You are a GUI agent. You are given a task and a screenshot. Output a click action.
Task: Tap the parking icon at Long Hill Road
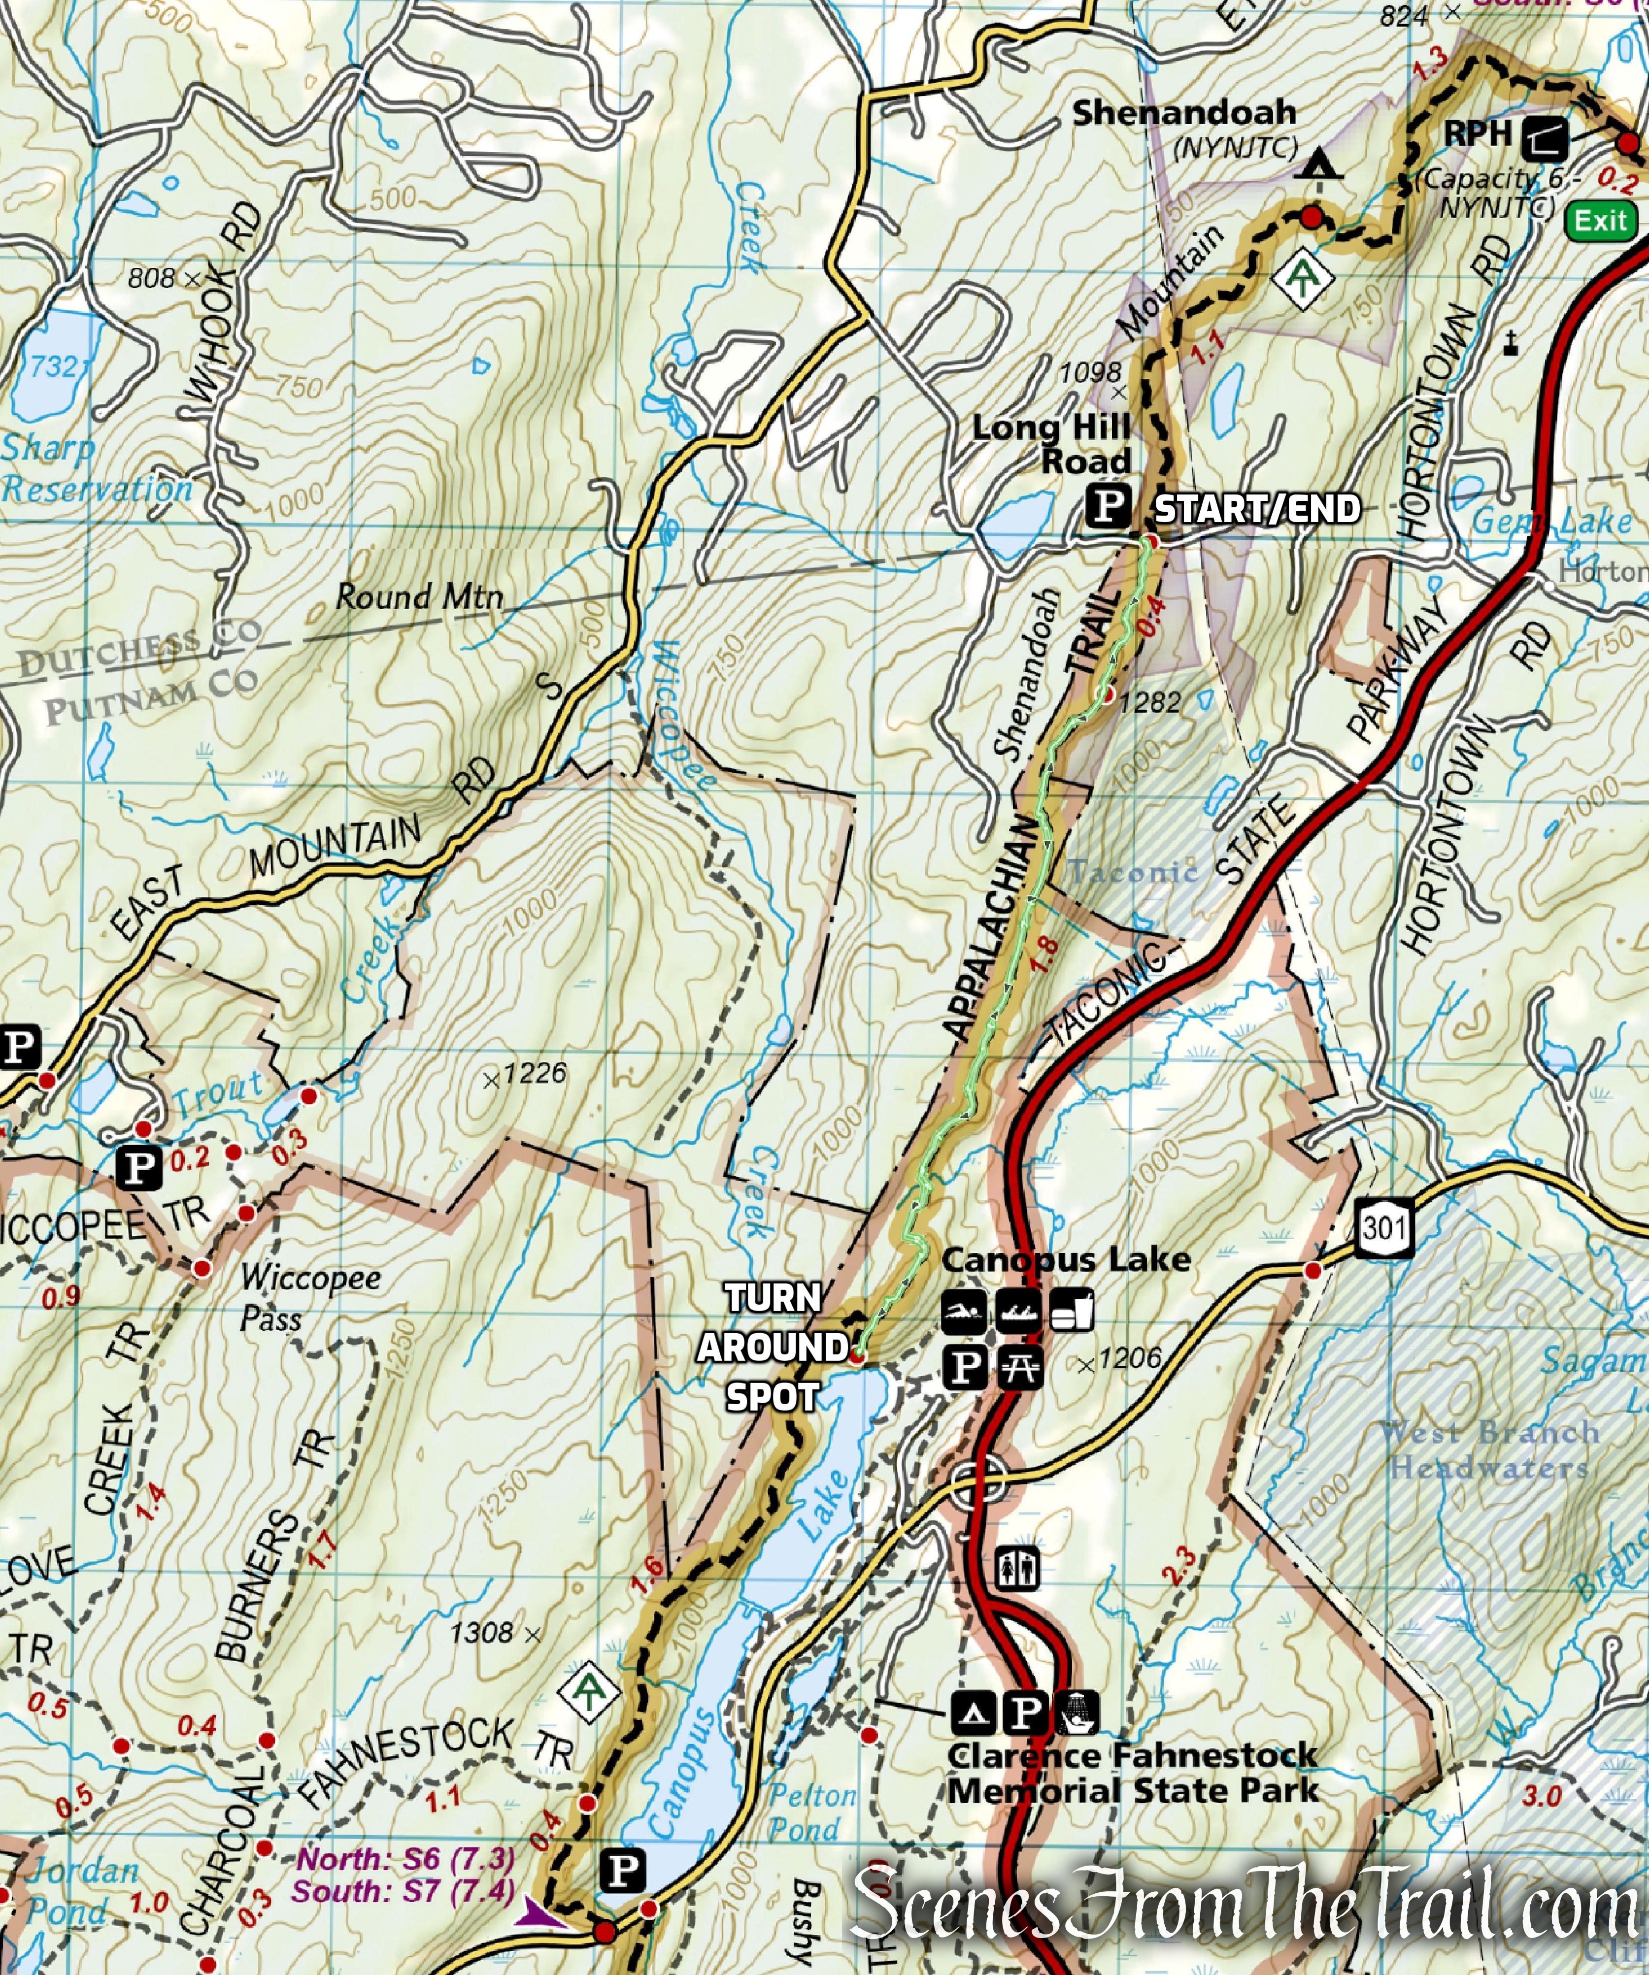point(1109,507)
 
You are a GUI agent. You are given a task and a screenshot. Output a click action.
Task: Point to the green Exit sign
point(1601,221)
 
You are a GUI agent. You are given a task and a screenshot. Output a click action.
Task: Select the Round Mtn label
point(420,596)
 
